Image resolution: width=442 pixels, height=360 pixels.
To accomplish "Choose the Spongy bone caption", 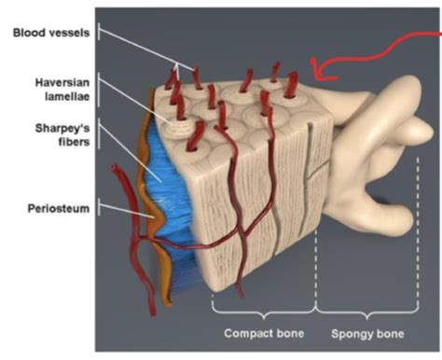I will [x=373, y=331].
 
